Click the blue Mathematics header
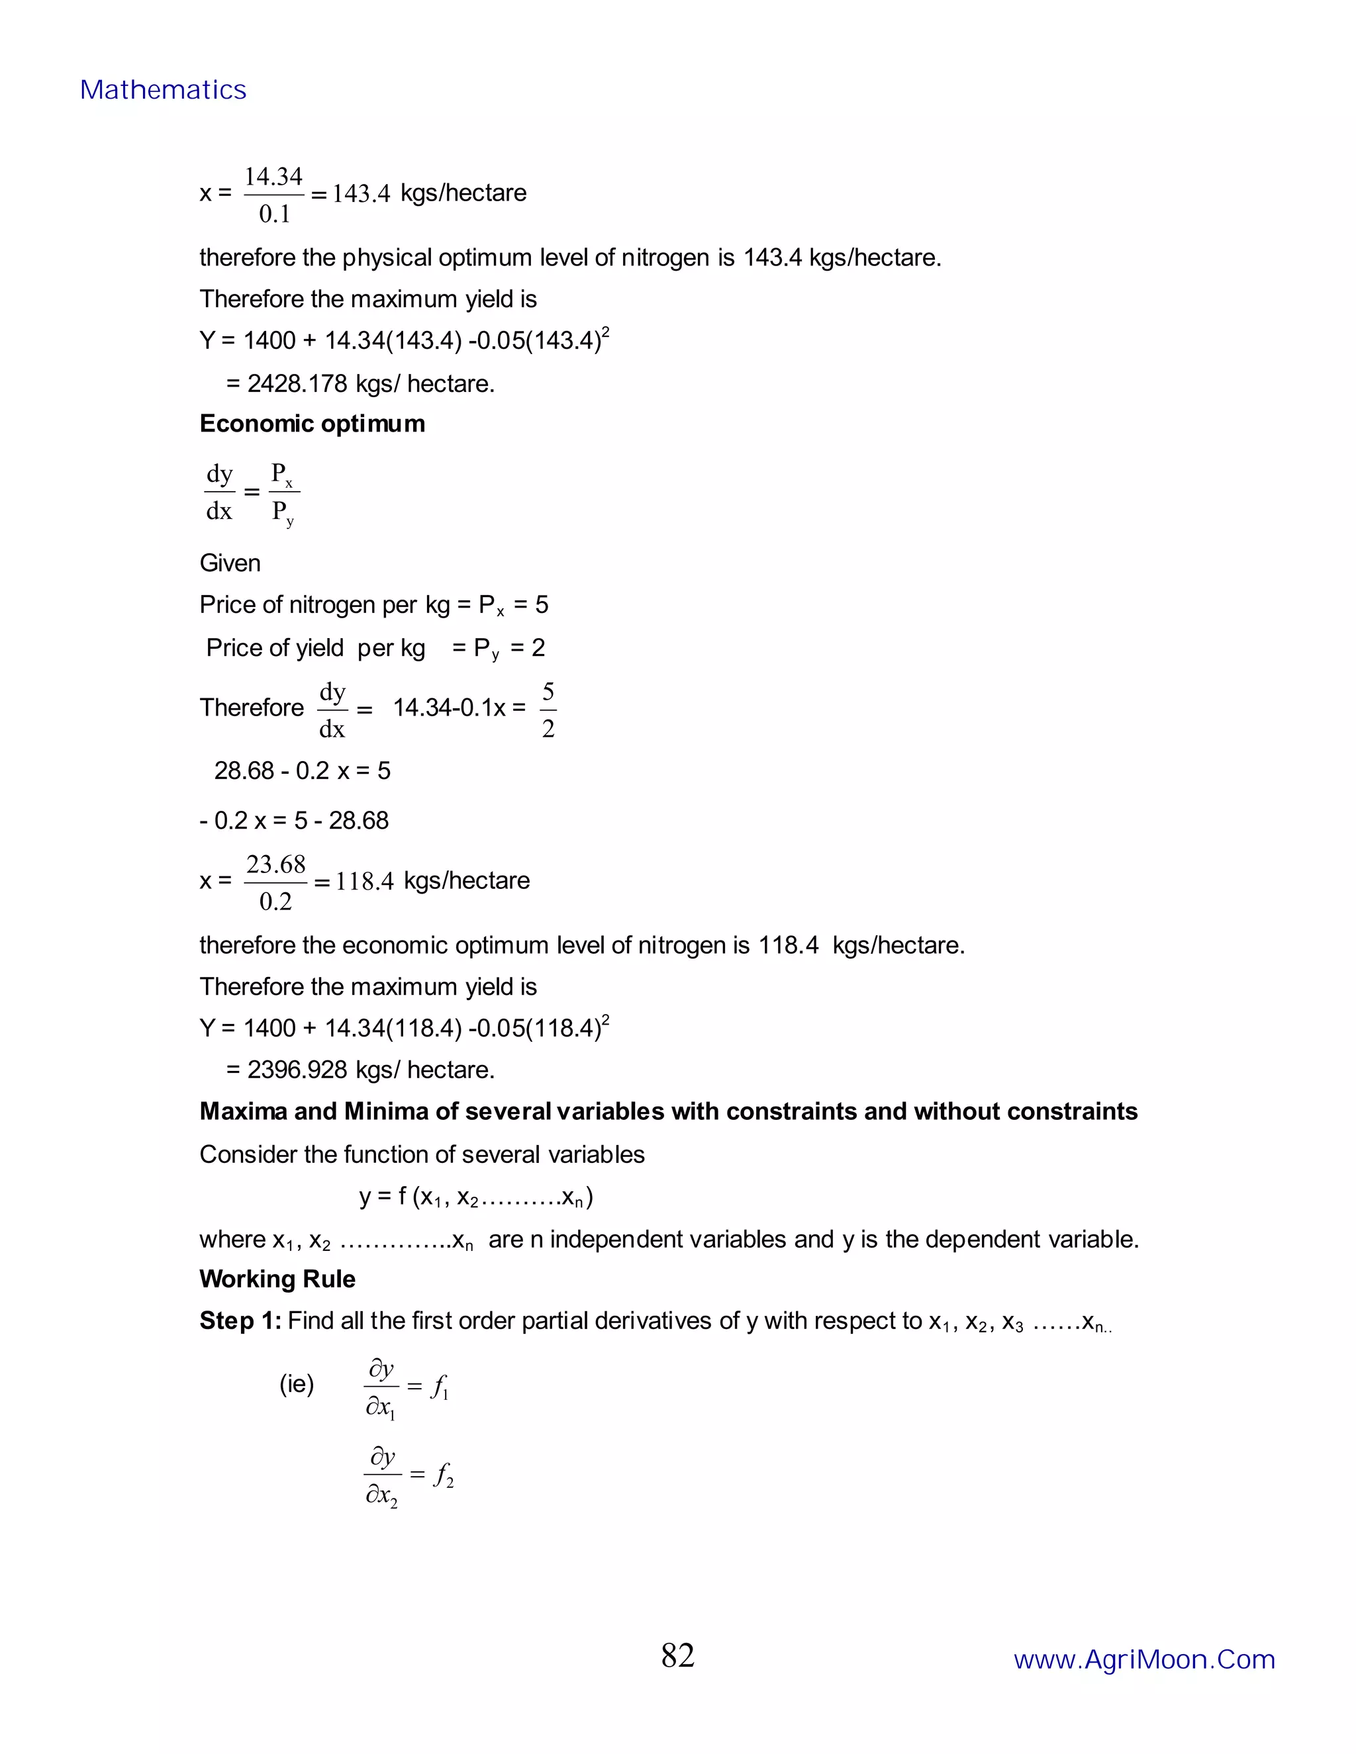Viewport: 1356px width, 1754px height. (163, 90)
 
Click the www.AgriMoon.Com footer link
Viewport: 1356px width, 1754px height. (1144, 1659)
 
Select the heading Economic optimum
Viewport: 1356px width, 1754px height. (312, 424)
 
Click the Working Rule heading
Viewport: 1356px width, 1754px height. (277, 1279)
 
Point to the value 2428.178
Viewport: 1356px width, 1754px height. (297, 384)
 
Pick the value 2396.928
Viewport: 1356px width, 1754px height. (297, 1070)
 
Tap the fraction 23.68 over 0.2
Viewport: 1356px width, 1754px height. (275, 882)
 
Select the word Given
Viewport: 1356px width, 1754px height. (230, 563)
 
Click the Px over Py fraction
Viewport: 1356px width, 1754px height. (283, 492)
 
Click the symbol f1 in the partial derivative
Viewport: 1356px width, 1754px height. (440, 1387)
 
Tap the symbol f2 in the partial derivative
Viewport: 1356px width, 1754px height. (443, 1475)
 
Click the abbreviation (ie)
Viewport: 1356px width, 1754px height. (297, 1384)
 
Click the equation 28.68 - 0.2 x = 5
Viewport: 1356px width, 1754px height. (302, 771)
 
